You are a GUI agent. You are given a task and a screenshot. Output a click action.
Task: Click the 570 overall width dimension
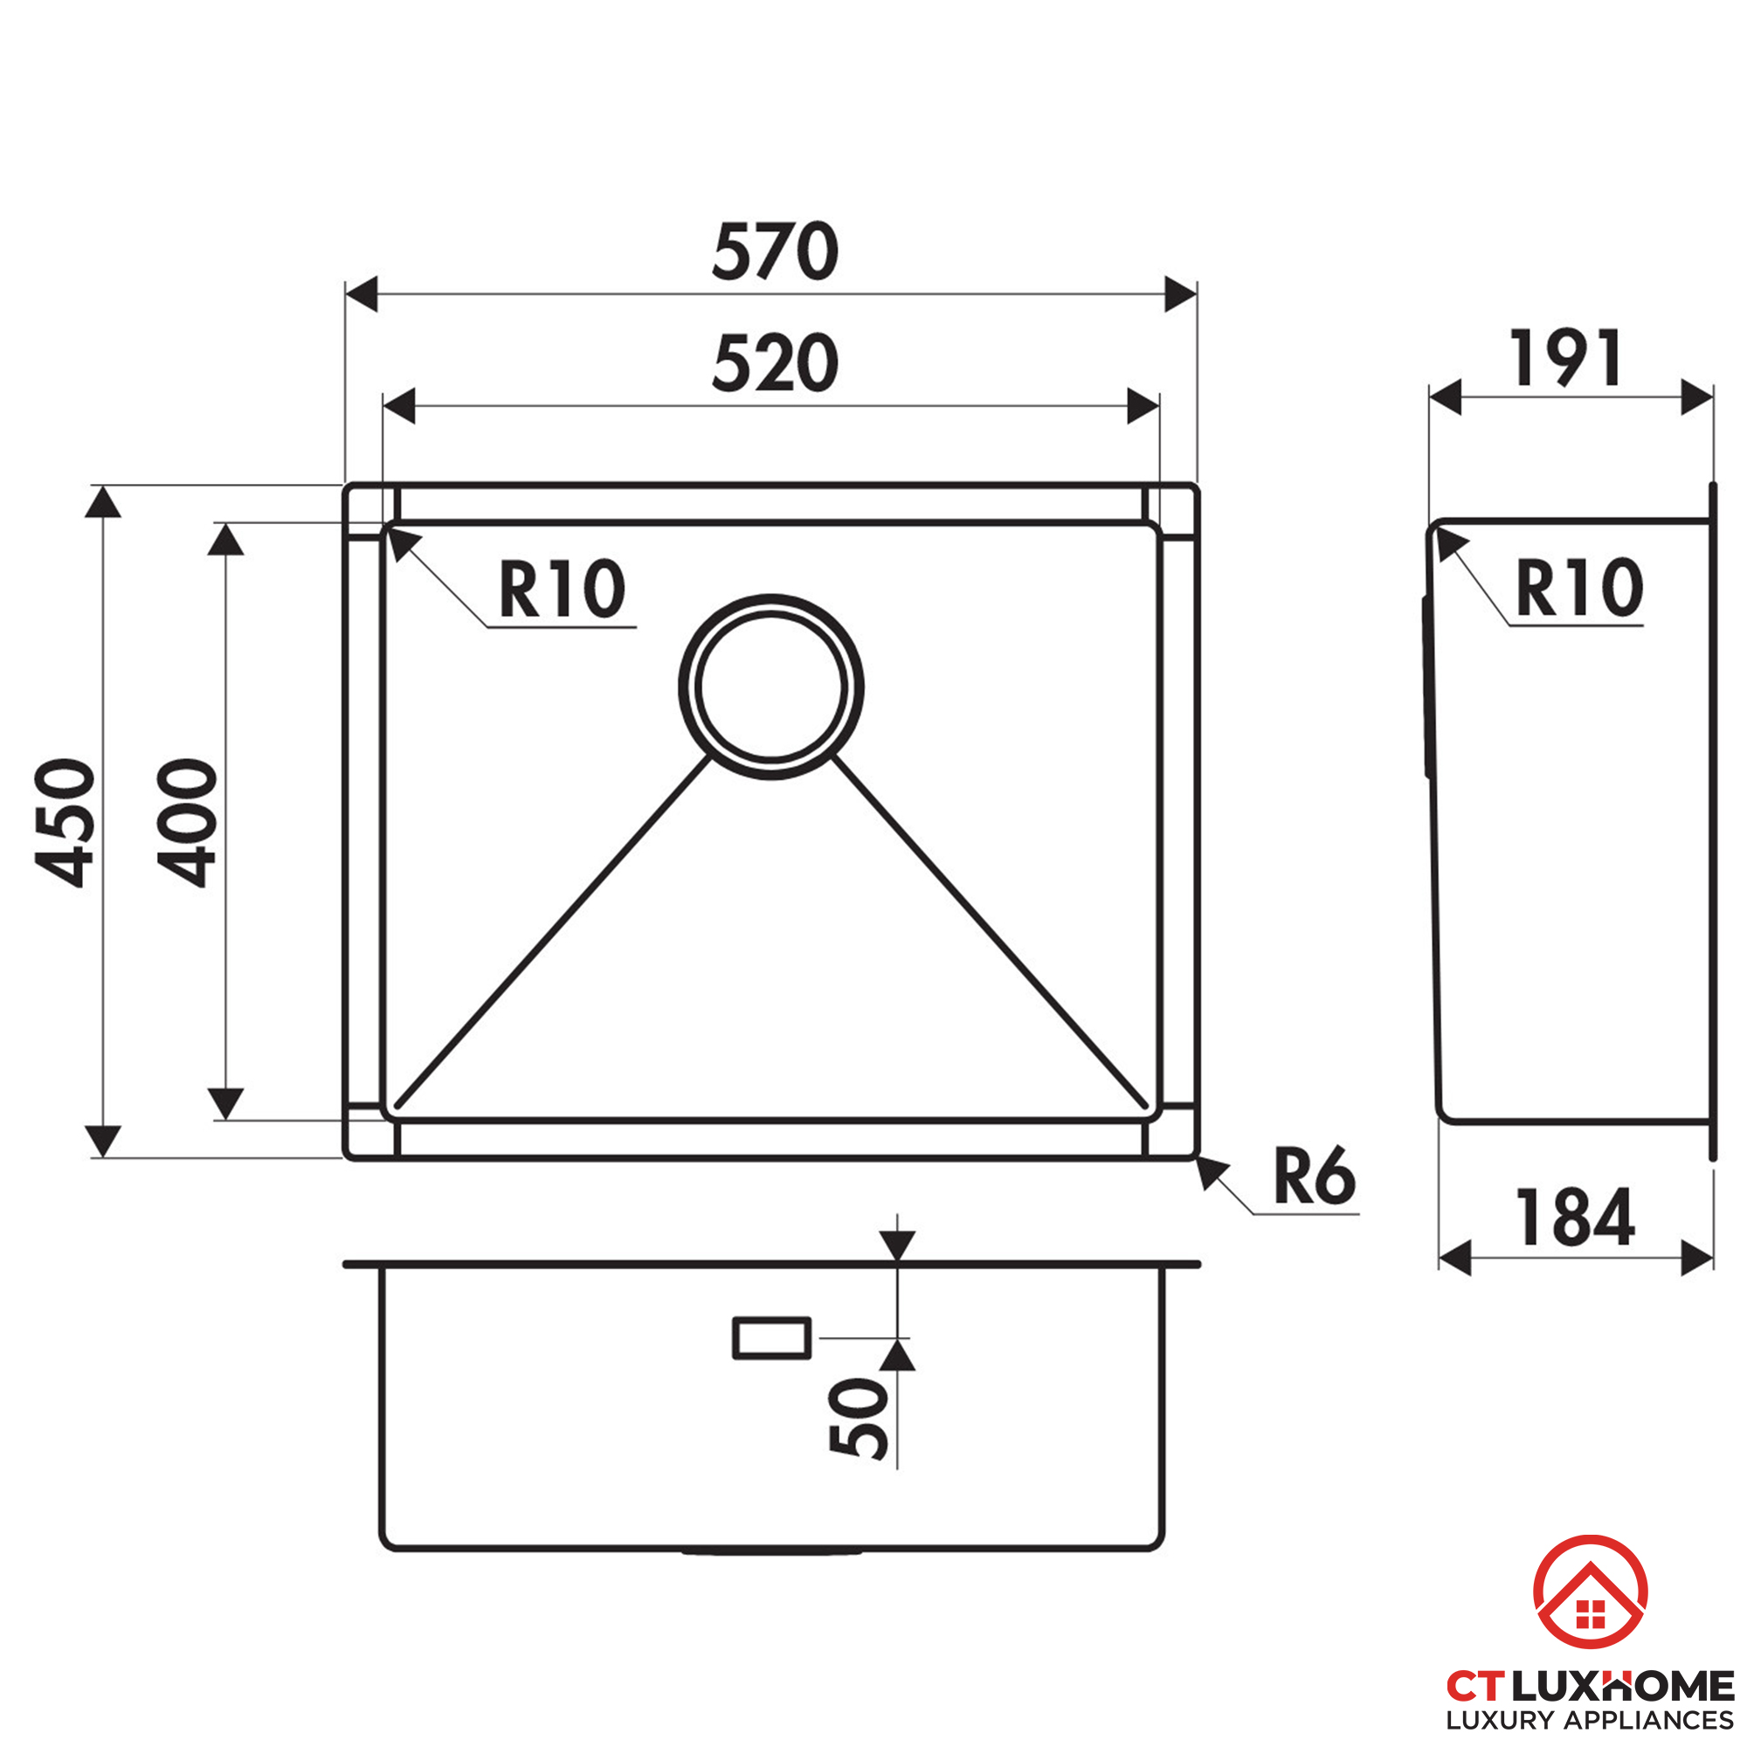(775, 251)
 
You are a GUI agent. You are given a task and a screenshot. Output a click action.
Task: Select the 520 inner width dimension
(775, 363)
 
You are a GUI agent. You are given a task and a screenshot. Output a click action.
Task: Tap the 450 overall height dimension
(64, 822)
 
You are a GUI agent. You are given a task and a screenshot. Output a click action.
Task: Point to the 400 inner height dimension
(187, 822)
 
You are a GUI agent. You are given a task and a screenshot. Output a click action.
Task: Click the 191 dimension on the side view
(1565, 358)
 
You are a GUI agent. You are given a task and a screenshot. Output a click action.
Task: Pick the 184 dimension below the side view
(1575, 1218)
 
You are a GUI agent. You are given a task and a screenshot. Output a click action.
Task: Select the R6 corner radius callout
(1315, 1176)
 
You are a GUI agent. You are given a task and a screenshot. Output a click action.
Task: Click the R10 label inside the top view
(562, 589)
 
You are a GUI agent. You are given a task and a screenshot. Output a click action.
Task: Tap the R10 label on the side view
(1578, 588)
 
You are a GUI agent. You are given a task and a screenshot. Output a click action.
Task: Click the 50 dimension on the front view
(858, 1417)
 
